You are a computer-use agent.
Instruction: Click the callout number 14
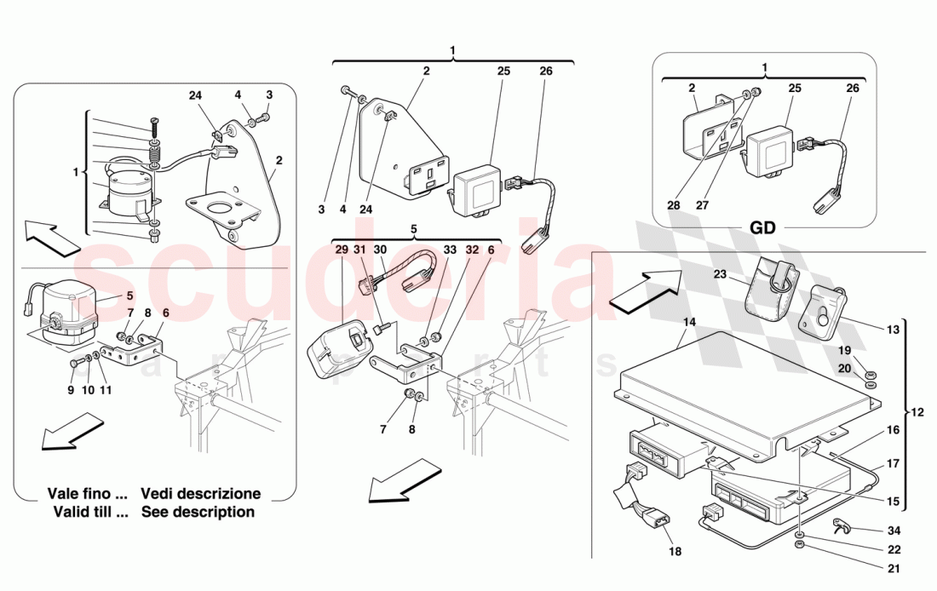click(x=688, y=323)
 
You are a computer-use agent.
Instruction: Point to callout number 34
click(x=893, y=531)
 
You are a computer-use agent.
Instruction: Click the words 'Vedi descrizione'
click(x=200, y=494)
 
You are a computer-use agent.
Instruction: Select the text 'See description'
click(x=198, y=512)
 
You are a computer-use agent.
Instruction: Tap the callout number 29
click(x=342, y=250)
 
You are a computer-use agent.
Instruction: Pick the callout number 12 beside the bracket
click(x=918, y=411)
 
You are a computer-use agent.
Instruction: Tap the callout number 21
click(x=893, y=568)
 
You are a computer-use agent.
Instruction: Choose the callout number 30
click(x=381, y=250)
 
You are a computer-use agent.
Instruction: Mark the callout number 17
click(x=893, y=464)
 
